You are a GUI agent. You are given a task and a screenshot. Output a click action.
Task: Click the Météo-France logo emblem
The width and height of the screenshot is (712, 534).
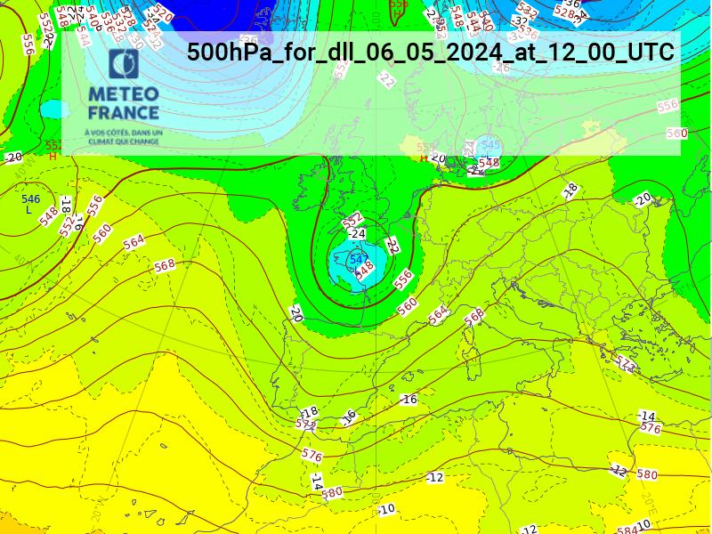124,65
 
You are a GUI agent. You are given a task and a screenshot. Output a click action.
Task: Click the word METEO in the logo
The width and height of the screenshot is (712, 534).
124,94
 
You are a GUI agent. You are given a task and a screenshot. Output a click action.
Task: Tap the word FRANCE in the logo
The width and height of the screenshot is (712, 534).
124,113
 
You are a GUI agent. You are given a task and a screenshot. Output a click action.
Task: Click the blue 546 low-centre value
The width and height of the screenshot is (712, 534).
31,199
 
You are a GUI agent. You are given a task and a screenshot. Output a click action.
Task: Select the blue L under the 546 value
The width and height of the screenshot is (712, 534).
29,210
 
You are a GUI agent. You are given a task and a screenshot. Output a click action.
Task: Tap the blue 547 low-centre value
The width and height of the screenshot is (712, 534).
359,260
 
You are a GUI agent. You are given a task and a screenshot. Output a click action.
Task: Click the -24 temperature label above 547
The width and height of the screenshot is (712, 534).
358,234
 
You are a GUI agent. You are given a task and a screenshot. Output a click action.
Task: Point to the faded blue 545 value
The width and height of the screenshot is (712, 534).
490,145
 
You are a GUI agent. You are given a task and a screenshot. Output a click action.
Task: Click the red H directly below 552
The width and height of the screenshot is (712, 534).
53,156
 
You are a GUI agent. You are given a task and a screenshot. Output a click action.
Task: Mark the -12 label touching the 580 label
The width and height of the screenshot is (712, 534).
619,470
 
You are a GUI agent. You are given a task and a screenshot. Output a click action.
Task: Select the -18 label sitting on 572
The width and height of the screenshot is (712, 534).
309,413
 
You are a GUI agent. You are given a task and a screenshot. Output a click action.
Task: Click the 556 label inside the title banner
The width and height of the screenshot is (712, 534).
667,106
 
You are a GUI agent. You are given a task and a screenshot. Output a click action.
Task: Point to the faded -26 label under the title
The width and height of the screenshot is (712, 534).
501,68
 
